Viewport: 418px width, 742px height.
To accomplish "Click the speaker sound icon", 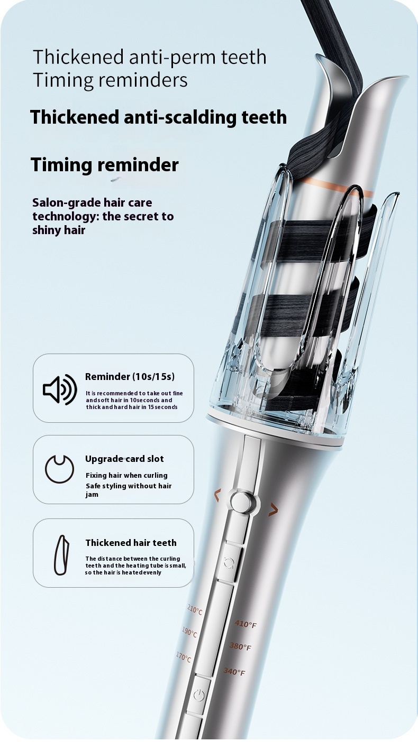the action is click(60, 389).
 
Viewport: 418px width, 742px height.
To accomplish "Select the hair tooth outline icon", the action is click(62, 555).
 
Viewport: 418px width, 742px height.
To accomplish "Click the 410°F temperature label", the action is click(246, 624).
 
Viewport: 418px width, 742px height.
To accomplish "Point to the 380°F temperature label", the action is click(240, 646).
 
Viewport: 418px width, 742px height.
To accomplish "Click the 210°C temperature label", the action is click(195, 609).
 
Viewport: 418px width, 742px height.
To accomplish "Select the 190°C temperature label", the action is click(189, 632).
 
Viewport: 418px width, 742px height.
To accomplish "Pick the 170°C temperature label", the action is click(184, 657).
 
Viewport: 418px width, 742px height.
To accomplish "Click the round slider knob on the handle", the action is click(242, 502).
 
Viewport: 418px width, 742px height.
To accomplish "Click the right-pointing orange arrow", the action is click(273, 510).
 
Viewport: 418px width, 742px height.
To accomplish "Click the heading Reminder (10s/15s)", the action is click(130, 377).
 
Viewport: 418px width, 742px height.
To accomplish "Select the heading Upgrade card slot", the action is click(124, 459).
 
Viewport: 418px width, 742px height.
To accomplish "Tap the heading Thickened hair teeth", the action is click(131, 543).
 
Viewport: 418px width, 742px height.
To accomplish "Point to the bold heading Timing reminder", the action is click(105, 164).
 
